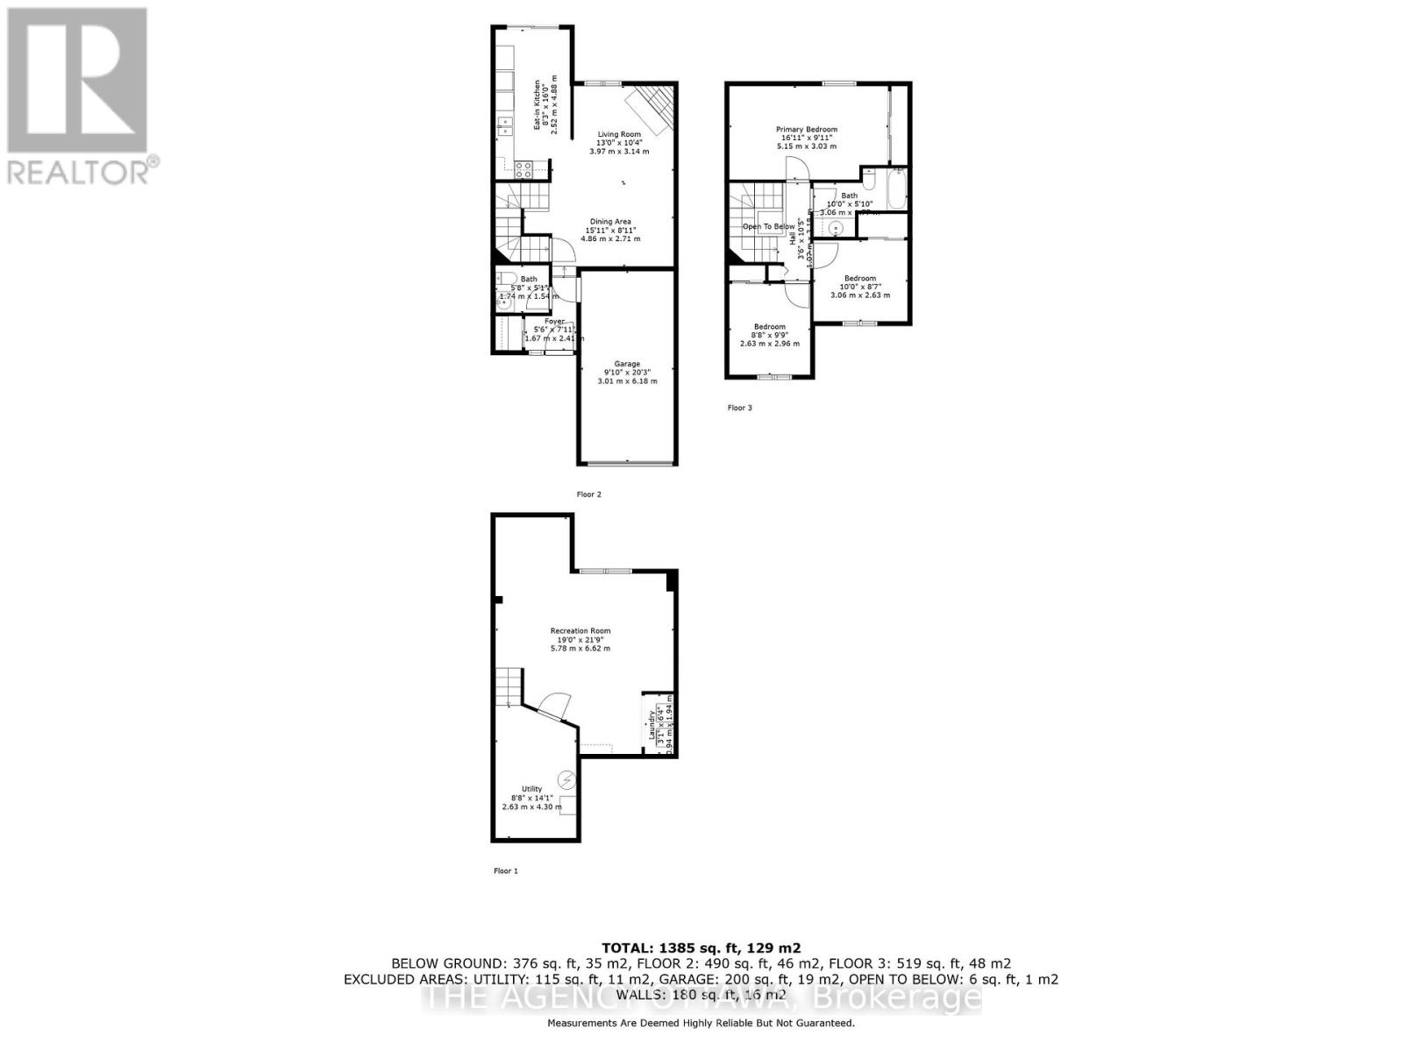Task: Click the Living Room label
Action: click(x=619, y=135)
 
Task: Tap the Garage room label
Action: click(x=627, y=364)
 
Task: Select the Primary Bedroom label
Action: click(x=807, y=130)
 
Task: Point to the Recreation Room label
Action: click(x=580, y=631)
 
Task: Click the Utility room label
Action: click(x=532, y=789)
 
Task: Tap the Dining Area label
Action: click(x=609, y=222)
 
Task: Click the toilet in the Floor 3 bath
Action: click(x=869, y=178)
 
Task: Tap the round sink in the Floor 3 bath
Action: click(x=836, y=228)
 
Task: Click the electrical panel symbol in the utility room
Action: click(x=566, y=778)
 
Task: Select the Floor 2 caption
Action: click(x=589, y=494)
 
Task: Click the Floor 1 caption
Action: click(x=506, y=871)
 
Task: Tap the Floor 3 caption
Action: click(x=740, y=408)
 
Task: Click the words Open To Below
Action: click(x=768, y=226)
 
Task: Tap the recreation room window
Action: click(x=605, y=572)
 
